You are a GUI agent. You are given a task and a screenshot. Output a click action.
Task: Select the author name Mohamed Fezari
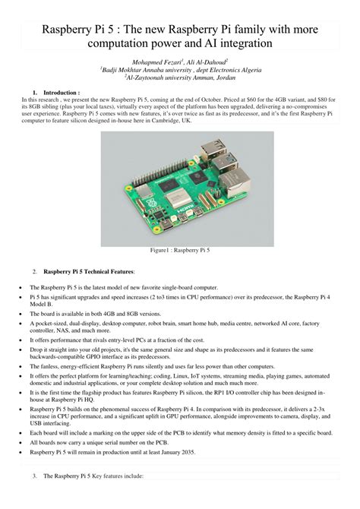click(x=155, y=59)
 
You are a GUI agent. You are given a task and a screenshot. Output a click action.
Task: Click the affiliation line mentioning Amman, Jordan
click(x=179, y=76)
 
